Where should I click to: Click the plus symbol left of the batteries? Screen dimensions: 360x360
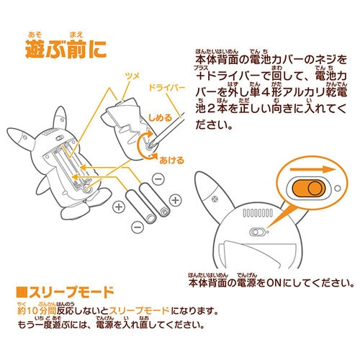118,209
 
